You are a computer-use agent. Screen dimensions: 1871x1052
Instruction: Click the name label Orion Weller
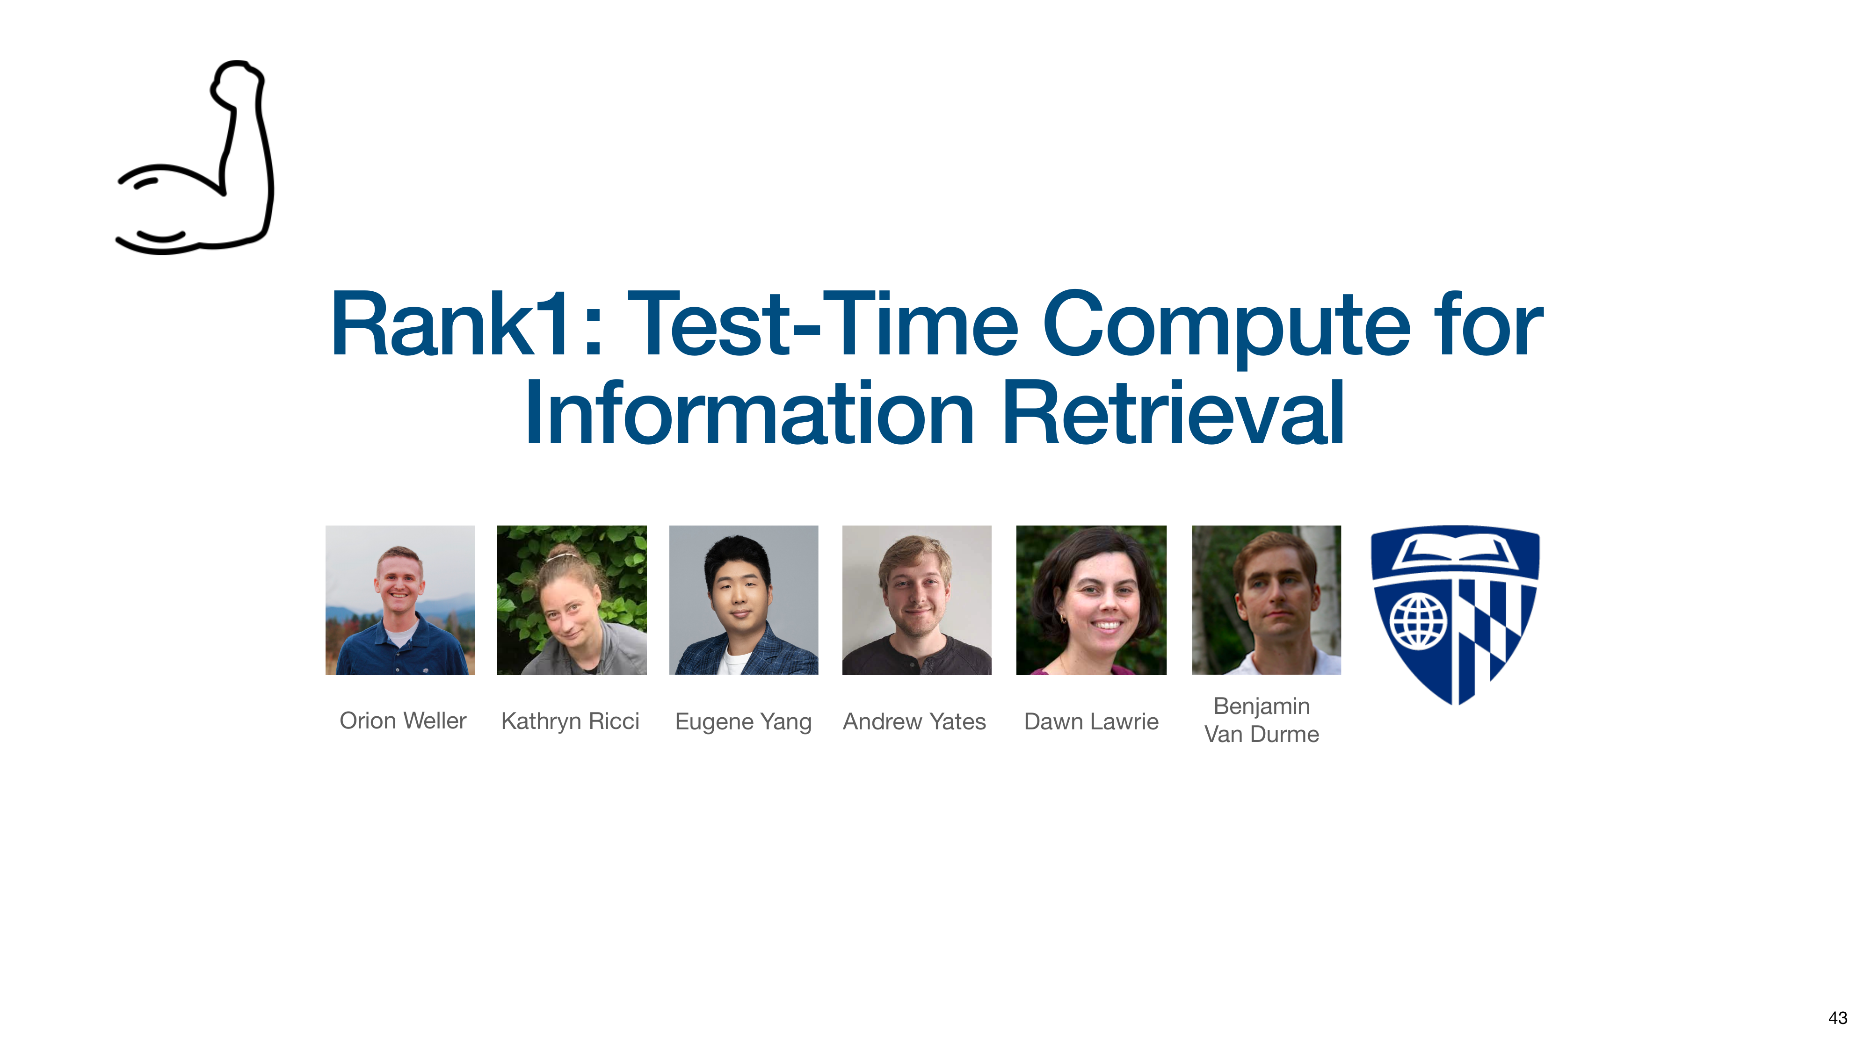[403, 721]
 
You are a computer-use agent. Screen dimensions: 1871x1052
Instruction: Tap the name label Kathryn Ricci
[570, 721]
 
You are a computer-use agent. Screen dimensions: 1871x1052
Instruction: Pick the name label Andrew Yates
[914, 721]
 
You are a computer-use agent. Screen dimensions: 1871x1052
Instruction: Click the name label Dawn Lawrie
[1091, 721]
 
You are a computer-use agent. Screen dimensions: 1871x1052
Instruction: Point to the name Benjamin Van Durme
[1262, 720]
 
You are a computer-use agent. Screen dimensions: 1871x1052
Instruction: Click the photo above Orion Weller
[400, 600]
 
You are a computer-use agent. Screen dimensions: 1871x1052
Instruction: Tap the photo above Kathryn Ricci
[572, 600]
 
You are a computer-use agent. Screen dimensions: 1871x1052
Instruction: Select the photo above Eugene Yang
[744, 600]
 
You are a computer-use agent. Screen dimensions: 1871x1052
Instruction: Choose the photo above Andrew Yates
[917, 600]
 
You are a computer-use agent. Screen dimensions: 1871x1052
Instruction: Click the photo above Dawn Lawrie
[1091, 600]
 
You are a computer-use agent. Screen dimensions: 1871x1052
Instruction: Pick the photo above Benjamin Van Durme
[1267, 600]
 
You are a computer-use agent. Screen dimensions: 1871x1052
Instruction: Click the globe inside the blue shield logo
[1418, 621]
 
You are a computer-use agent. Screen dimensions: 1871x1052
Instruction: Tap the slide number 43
[1838, 1018]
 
